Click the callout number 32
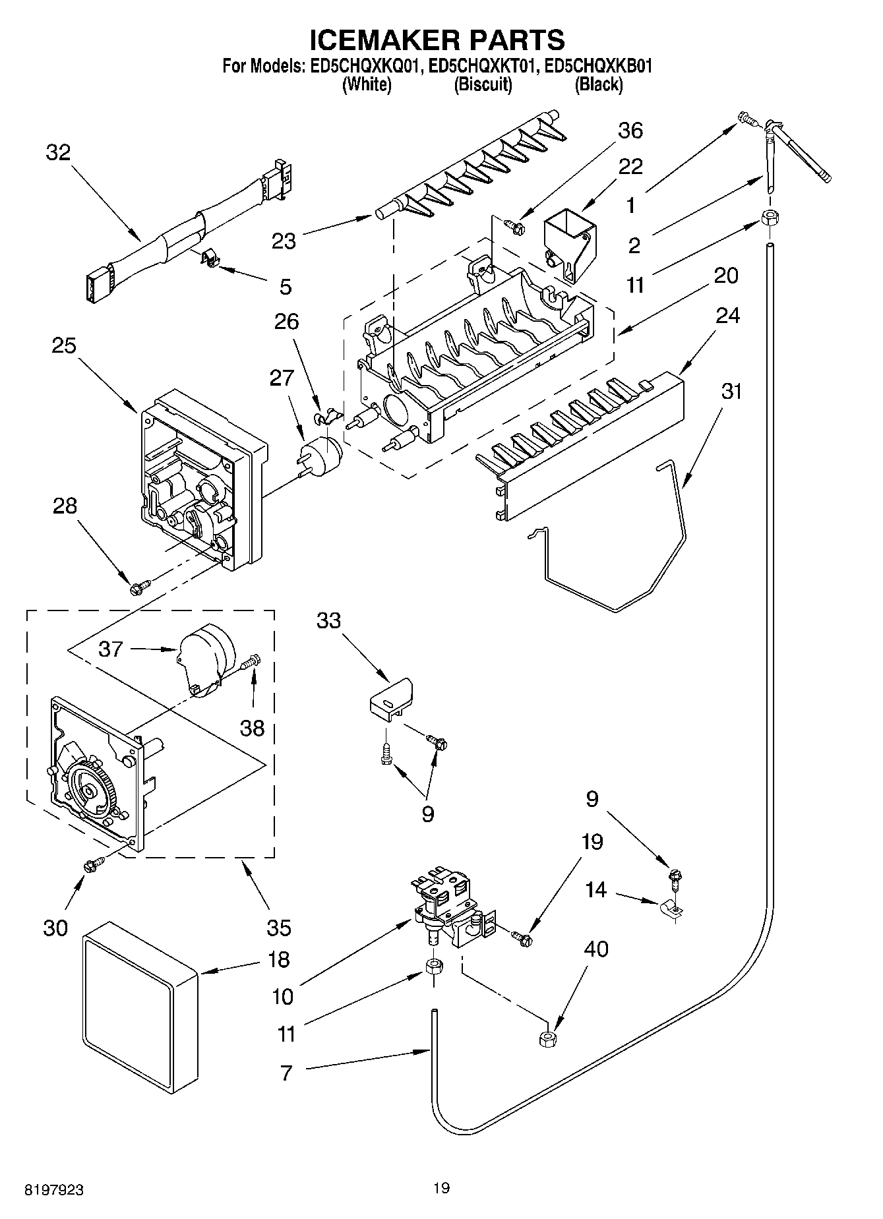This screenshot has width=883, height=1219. [x=58, y=153]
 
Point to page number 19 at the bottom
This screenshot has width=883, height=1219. [x=441, y=1188]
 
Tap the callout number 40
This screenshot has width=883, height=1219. [x=596, y=949]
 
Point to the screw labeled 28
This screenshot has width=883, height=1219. [x=140, y=585]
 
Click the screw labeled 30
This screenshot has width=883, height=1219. [x=93, y=864]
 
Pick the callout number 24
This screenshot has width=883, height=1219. [x=728, y=316]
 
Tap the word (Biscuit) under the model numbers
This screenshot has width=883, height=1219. [x=483, y=84]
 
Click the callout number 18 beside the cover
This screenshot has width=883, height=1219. [x=280, y=959]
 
